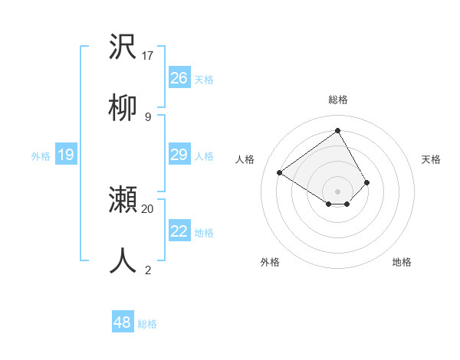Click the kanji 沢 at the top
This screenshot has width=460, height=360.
[123, 47]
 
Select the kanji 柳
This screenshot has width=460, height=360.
[123, 108]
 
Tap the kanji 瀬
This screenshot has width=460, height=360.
[123, 200]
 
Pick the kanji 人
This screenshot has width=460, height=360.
[123, 260]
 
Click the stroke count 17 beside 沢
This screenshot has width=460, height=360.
[148, 56]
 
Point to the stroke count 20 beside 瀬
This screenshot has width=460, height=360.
[148, 208]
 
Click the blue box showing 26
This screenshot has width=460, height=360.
[179, 78]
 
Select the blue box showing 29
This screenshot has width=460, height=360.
[179, 155]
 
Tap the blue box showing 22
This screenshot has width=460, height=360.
[179, 231]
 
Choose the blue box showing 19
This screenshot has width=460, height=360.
[65, 155]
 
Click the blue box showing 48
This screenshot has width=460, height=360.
[122, 322]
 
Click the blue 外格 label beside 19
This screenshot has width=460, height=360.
[41, 156]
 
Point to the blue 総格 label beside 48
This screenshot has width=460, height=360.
[147, 324]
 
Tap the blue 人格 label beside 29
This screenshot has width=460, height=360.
[204, 156]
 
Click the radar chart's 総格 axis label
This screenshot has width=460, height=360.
[337, 100]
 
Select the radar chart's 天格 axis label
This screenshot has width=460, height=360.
[431, 159]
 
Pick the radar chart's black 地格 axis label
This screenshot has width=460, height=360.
[402, 262]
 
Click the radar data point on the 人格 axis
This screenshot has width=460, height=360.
[280, 173]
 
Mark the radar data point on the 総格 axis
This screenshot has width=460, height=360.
[337, 130]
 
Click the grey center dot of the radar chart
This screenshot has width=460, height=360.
[337, 191]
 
